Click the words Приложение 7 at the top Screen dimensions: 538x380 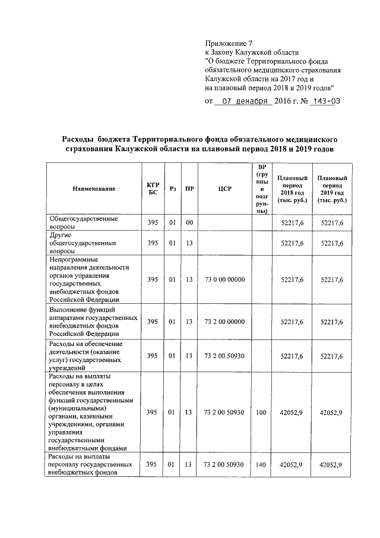229,43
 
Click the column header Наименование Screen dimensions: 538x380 94,189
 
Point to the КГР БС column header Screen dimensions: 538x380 153,189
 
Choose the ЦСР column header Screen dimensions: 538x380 224,189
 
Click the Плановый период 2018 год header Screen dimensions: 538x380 292,189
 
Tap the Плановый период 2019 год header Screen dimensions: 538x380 332,189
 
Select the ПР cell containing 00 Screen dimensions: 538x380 189,223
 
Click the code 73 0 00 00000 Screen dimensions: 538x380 224,279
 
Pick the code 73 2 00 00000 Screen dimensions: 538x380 224,322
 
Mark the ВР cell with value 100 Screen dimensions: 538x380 261,412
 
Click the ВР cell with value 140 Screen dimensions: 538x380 261,465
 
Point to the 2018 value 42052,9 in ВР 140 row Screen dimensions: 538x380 292,465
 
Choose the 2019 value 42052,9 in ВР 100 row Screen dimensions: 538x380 332,412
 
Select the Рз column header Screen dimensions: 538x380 173,189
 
